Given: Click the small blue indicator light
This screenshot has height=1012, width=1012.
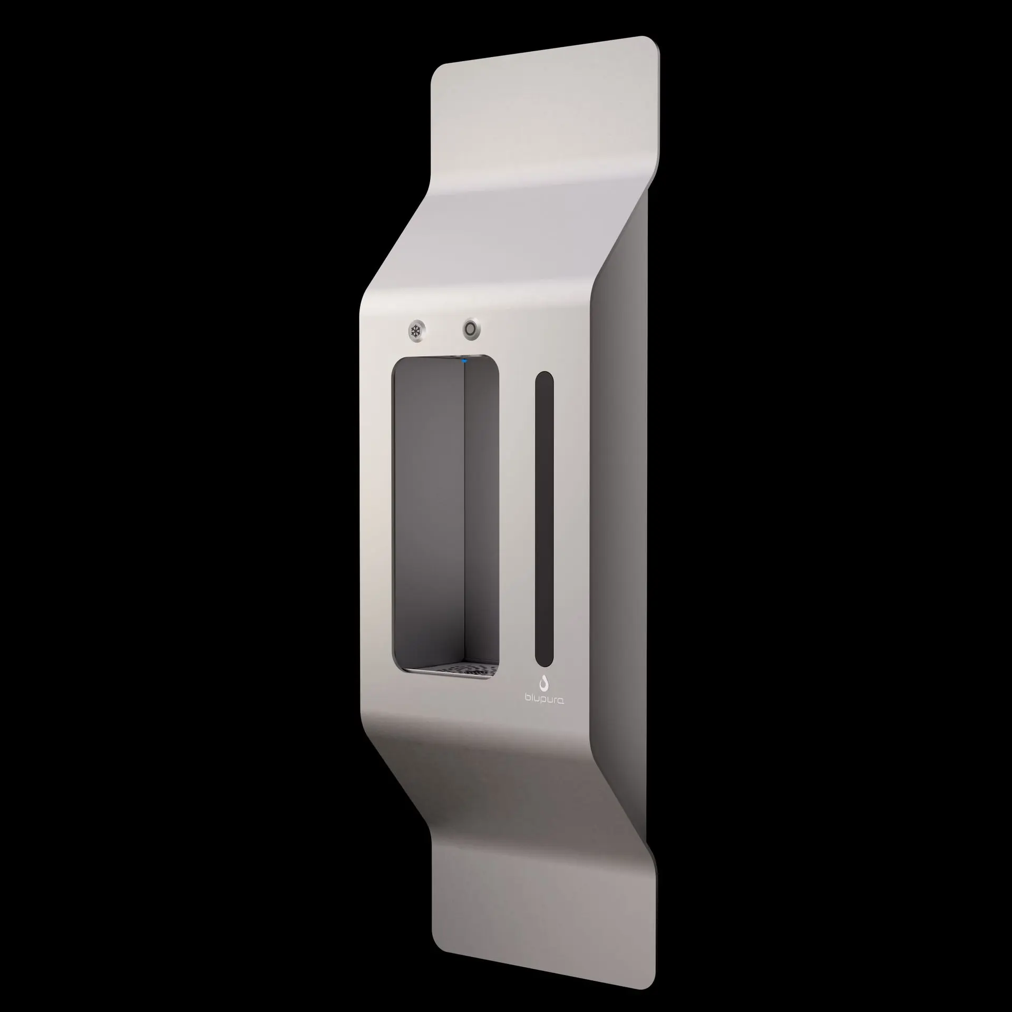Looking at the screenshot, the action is click(464, 361).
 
